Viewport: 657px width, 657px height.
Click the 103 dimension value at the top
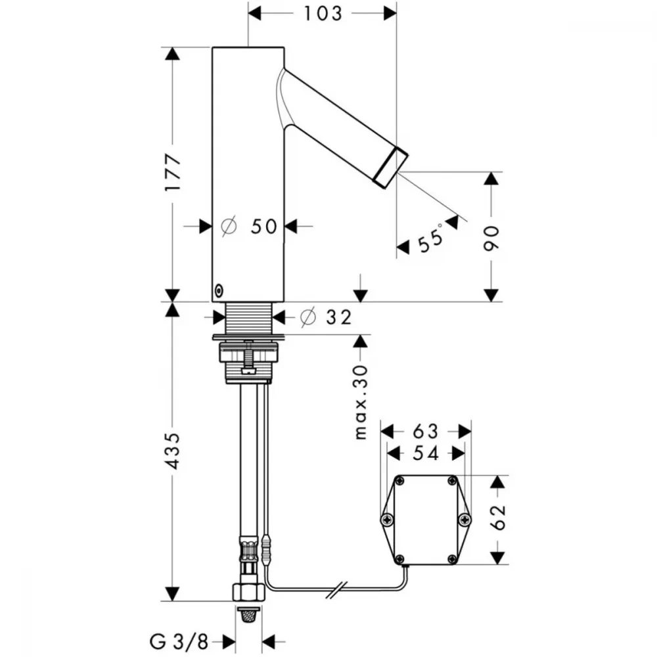(x=323, y=13)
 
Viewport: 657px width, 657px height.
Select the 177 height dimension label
(x=172, y=173)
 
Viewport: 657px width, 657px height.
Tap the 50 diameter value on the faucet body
(x=264, y=227)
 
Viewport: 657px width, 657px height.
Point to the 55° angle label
(x=431, y=238)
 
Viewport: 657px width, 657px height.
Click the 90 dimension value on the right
(x=491, y=238)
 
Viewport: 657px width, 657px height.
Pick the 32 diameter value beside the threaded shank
(x=338, y=317)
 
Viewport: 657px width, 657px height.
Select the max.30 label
(x=361, y=402)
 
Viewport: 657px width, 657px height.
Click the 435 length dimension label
(x=172, y=451)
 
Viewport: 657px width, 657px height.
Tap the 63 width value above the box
(x=425, y=431)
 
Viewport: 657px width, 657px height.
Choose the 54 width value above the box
(x=425, y=453)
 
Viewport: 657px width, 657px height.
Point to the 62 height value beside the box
(x=498, y=518)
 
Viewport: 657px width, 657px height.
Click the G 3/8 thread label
(x=179, y=641)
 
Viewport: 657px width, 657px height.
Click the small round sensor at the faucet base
(x=219, y=290)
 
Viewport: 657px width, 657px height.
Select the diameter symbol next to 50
(x=229, y=227)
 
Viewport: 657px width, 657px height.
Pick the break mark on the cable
(x=337, y=590)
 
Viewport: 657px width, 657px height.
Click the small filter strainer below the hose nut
(x=249, y=615)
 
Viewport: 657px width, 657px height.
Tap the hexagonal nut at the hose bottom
(x=248, y=592)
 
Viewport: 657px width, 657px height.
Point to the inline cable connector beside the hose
(x=267, y=549)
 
